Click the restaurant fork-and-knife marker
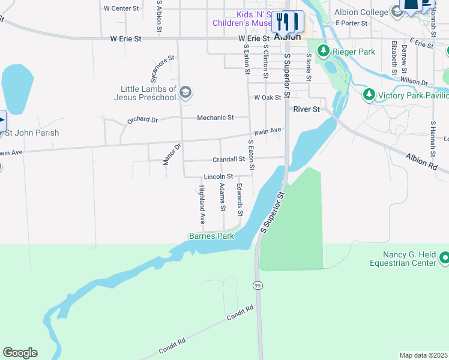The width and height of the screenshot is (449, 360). (x=287, y=22)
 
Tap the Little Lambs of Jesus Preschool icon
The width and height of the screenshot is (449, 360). (x=185, y=92)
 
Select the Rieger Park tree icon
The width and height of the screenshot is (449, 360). (x=324, y=52)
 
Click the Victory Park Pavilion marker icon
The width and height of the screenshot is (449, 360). (x=369, y=95)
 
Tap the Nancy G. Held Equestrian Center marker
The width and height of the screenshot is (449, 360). (x=444, y=258)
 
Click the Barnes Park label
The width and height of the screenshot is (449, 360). (x=211, y=236)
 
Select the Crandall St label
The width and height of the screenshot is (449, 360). (x=229, y=160)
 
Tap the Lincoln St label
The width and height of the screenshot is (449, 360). (x=218, y=177)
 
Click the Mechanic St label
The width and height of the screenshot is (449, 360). (x=215, y=118)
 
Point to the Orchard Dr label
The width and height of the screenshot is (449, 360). (x=142, y=119)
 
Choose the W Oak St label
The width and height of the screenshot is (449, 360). (x=267, y=97)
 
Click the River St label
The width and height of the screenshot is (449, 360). (x=307, y=109)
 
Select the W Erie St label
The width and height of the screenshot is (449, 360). (x=125, y=38)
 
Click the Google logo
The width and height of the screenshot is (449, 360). (x=20, y=353)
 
